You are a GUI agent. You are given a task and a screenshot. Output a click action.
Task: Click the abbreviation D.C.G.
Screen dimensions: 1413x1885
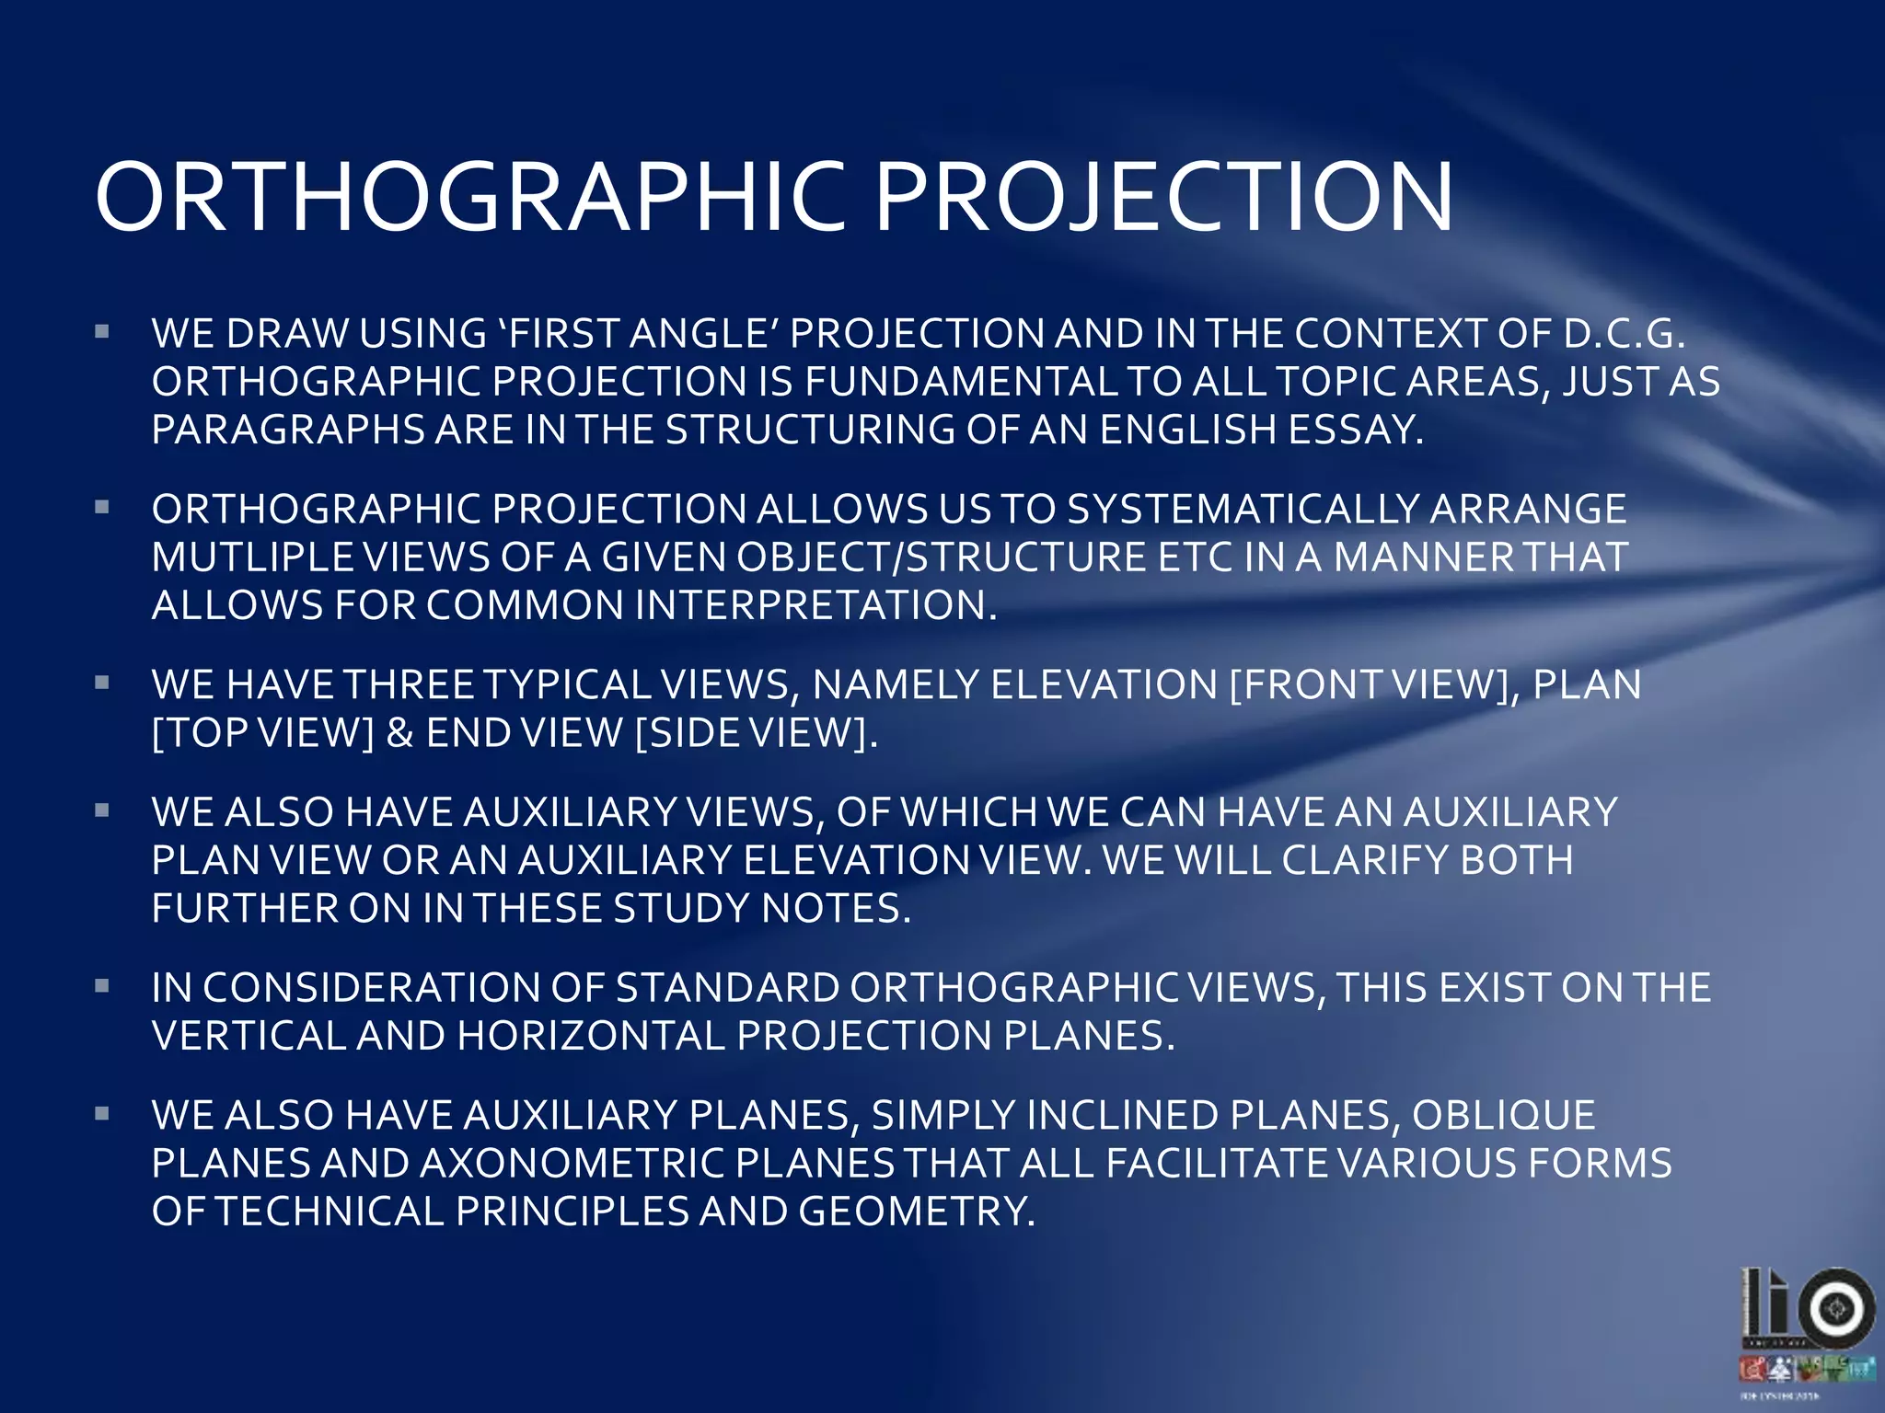[1624, 333]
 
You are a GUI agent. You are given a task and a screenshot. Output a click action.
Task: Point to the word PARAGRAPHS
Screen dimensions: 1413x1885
[287, 430]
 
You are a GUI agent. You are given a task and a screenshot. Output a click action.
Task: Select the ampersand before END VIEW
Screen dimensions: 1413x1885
[399, 733]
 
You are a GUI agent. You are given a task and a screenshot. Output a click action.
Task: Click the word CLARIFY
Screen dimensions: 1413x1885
[1365, 860]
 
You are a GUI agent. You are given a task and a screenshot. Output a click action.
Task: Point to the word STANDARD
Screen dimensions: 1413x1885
[727, 988]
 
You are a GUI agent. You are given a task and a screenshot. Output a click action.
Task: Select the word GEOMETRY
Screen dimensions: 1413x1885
[916, 1212]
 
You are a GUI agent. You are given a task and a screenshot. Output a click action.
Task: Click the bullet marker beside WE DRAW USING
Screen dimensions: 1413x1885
[102, 331]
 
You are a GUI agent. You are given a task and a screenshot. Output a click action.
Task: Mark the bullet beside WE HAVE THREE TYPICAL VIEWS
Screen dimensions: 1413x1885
[102, 683]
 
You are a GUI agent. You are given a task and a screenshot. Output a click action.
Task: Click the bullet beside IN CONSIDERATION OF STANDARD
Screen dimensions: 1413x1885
[102, 986]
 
